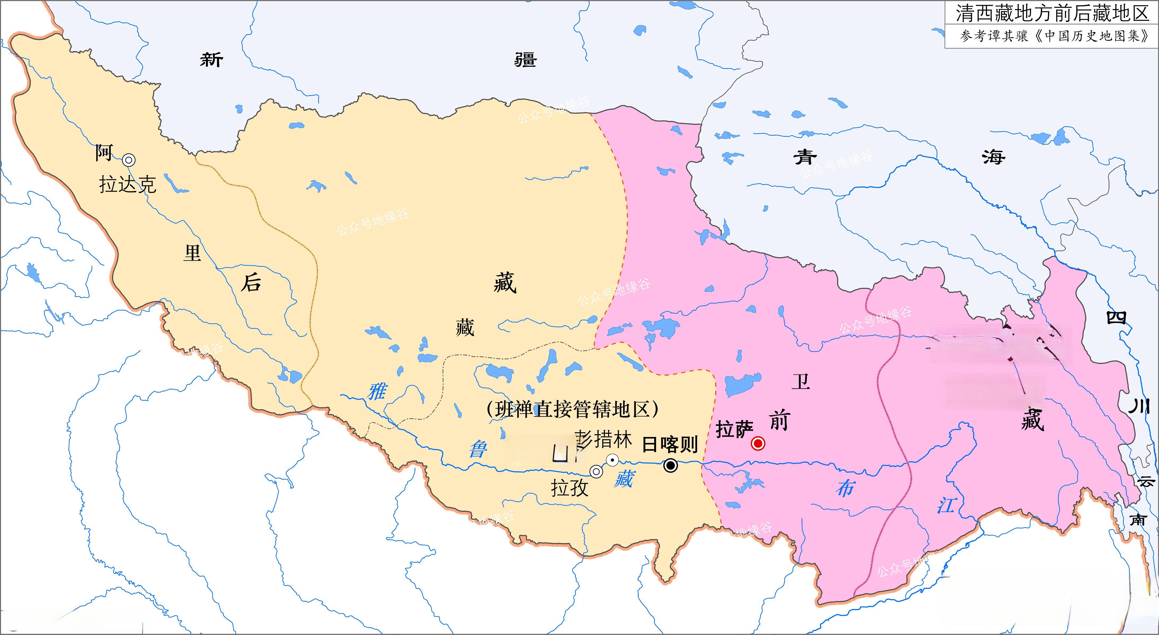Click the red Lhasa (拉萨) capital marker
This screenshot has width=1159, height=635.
(x=758, y=443)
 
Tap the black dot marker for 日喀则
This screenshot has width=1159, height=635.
(x=670, y=465)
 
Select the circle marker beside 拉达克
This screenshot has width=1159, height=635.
(x=129, y=160)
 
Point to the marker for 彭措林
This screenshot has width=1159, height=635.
(x=612, y=460)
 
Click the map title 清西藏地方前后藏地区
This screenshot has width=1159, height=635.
(x=1052, y=14)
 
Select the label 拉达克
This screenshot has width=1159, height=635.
(x=127, y=184)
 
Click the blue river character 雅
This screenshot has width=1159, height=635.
(x=377, y=391)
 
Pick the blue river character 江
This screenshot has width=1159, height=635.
(x=946, y=505)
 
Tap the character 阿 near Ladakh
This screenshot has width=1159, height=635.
(x=104, y=153)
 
